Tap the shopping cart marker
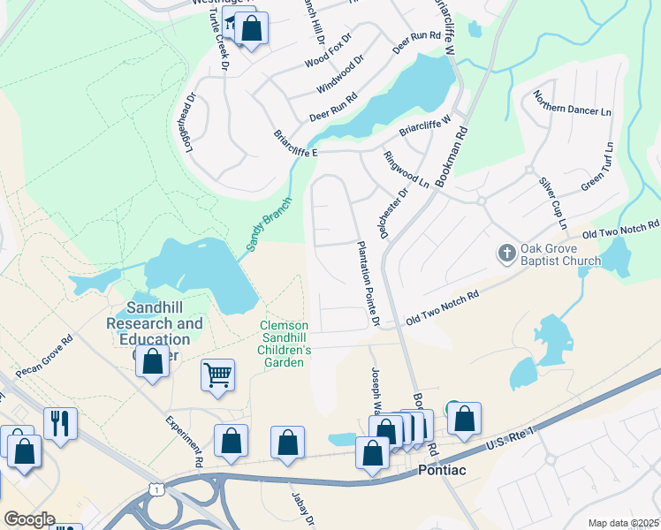(x=217, y=375)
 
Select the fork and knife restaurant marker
(x=59, y=422)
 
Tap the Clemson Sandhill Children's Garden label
(x=285, y=344)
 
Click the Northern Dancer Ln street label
(x=573, y=110)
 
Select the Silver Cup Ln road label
(x=551, y=199)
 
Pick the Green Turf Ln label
(x=596, y=167)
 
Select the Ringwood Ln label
(x=406, y=169)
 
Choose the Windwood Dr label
(x=339, y=77)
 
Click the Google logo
(x=29, y=519)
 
